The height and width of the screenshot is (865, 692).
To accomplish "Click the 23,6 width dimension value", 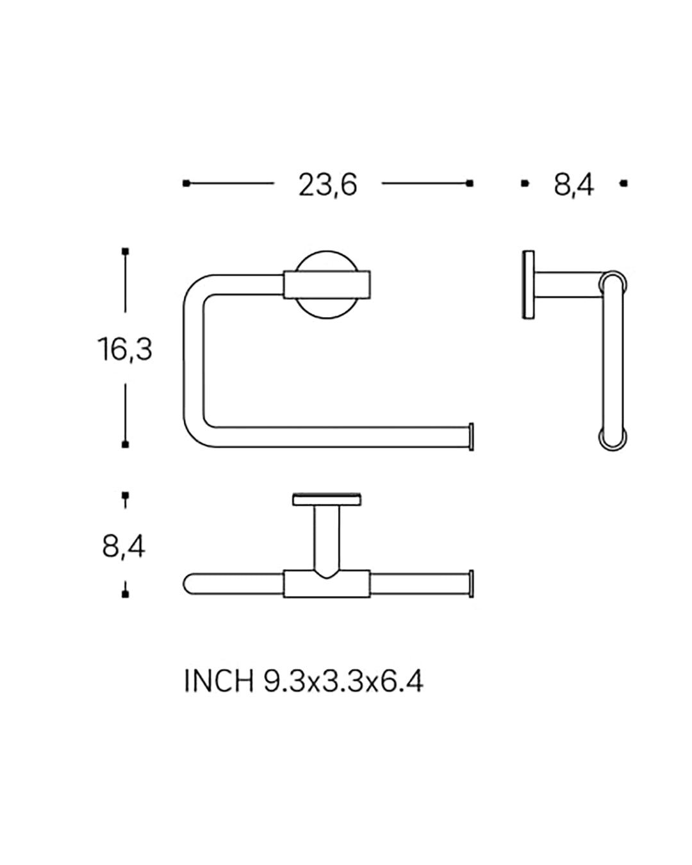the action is [327, 185].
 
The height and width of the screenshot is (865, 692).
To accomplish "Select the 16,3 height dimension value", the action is [125, 349].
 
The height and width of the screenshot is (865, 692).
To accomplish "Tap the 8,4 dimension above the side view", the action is [573, 185].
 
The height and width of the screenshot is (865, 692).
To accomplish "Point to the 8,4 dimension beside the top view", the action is [124, 547].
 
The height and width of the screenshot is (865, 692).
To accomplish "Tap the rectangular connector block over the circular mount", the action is [327, 285].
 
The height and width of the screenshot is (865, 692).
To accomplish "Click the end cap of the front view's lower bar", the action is [471, 436].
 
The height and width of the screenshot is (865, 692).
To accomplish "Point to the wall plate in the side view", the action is [529, 285].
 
